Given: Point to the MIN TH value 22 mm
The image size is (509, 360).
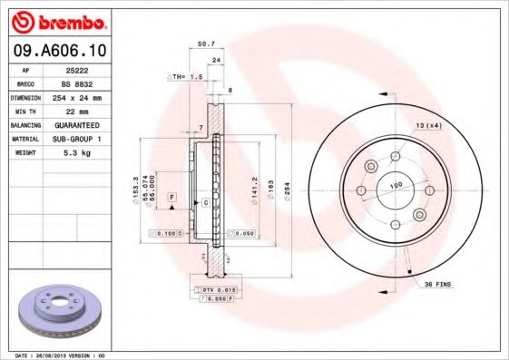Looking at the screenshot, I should coord(87,110).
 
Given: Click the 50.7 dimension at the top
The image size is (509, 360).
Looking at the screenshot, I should coord(206,44).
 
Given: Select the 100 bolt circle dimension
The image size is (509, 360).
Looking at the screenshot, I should coord(396,185).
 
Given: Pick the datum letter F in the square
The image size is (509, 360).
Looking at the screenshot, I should coord(171,198).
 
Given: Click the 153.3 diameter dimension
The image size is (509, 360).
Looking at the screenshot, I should coord(135,190).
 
